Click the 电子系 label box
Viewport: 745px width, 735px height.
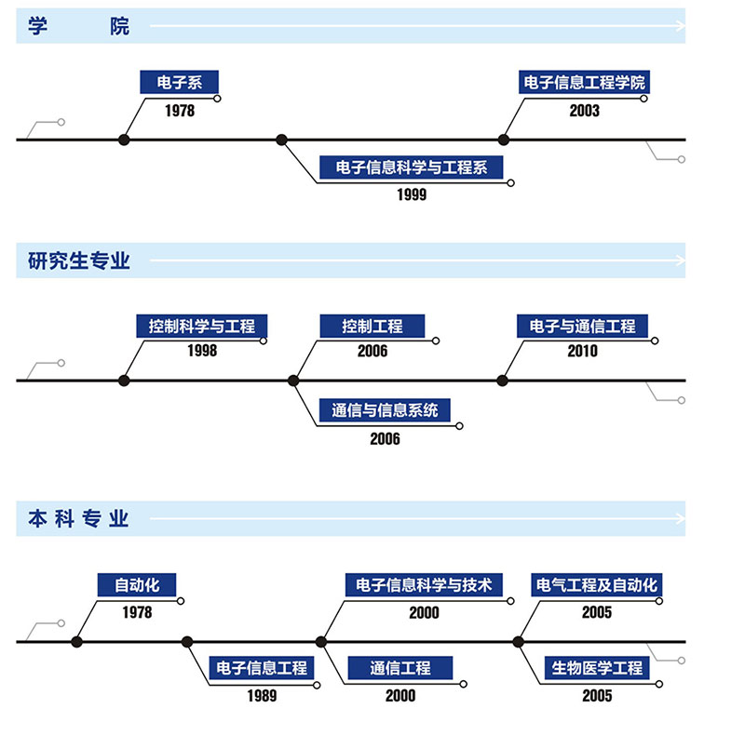coord(180,83)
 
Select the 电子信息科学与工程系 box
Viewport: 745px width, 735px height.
coord(410,168)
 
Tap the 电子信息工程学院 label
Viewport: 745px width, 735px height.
coord(582,83)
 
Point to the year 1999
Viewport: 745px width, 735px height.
coord(411,194)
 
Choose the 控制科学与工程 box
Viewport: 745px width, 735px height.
coord(201,327)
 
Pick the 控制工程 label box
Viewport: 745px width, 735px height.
coord(372,327)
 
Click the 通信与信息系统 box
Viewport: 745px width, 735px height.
coord(390,410)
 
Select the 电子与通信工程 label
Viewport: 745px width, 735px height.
coord(582,327)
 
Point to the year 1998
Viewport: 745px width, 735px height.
coord(201,352)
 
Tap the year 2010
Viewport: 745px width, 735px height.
coord(582,352)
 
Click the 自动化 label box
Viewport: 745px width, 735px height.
coord(137,585)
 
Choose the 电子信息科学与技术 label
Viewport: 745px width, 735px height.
coord(424,585)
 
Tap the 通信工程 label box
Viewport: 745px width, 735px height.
coord(400,668)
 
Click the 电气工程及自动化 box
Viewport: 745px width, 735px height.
coord(596,585)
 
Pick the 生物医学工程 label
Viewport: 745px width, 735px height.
coord(596,668)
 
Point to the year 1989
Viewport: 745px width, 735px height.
coord(262,696)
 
